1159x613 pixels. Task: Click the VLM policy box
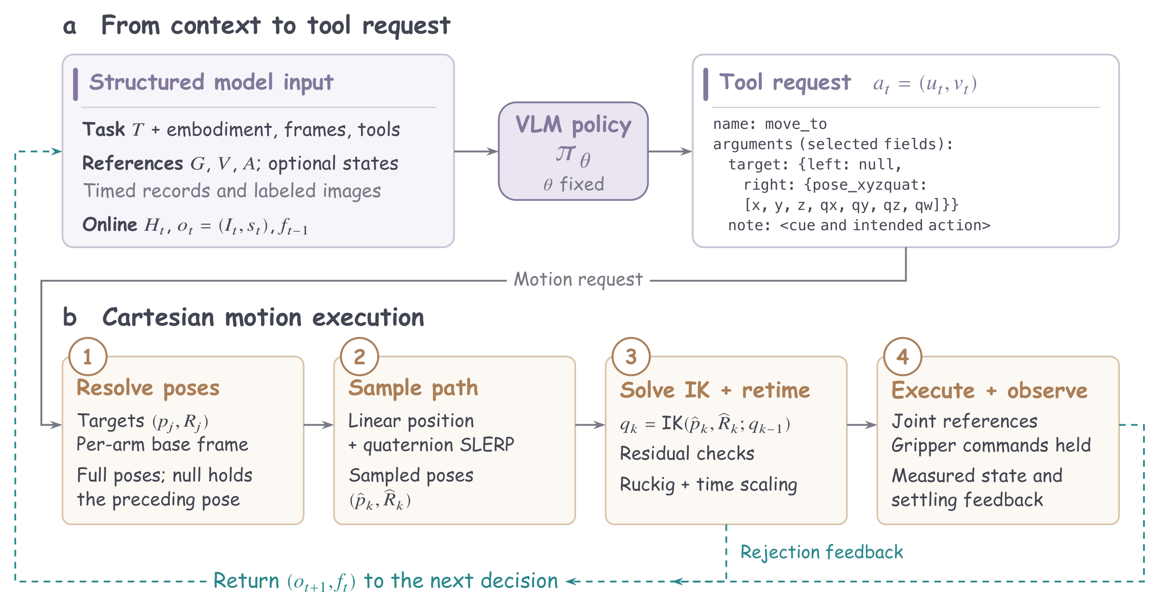[x=573, y=151]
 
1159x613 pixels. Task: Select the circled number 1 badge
[x=88, y=357]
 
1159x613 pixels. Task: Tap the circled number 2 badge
[x=360, y=357]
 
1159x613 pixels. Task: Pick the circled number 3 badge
[x=631, y=357]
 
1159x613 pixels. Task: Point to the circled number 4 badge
[x=903, y=357]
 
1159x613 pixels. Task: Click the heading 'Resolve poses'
[x=148, y=389]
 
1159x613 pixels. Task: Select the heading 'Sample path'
[x=413, y=389]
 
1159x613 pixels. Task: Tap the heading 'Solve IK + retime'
[x=715, y=390]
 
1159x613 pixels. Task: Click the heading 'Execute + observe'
[x=990, y=390]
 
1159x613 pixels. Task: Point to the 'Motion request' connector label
[x=578, y=279]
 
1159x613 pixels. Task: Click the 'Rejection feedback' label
[x=822, y=552]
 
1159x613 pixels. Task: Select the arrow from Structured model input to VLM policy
[x=476, y=152]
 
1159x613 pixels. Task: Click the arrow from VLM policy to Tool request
[x=670, y=152]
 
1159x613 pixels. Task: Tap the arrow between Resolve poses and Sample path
[x=319, y=425]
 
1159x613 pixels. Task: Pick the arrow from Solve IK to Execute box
[x=862, y=425]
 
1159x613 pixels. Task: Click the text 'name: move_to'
[x=770, y=125]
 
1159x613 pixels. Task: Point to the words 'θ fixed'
[x=573, y=184]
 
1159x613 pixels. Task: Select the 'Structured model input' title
[x=211, y=83]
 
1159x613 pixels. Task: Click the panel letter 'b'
[x=70, y=317]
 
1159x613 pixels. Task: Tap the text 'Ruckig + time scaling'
[x=708, y=485]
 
